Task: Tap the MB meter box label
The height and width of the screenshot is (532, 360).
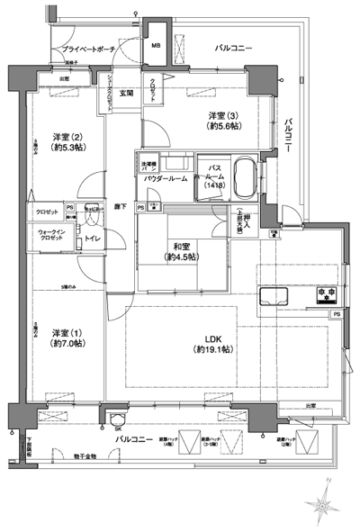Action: pos(155,46)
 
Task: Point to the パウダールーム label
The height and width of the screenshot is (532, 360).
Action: pos(166,179)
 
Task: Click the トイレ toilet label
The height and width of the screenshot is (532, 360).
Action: pos(92,239)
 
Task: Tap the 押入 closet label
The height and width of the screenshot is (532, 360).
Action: pos(246,220)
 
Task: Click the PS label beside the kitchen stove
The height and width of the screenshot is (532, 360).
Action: pos(336,313)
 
